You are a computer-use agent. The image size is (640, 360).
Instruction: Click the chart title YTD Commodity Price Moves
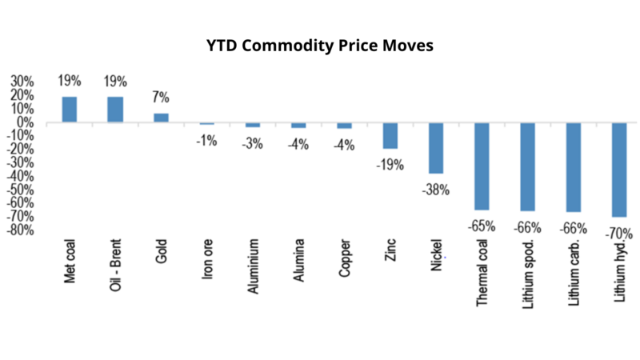pyautogui.click(x=320, y=46)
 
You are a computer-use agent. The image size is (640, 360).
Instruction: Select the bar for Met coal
pyautogui.click(x=70, y=110)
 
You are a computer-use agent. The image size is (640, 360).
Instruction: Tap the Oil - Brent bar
pyautogui.click(x=115, y=110)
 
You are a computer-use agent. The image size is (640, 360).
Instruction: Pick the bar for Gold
pyautogui.click(x=161, y=118)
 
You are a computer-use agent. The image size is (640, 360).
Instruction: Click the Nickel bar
pyautogui.click(x=436, y=148)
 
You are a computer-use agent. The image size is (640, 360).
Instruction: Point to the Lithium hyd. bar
pyautogui.click(x=619, y=170)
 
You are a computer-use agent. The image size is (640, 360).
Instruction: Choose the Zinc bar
pyautogui.click(x=390, y=135)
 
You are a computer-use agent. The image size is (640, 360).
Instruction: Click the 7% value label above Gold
pyautogui.click(x=161, y=98)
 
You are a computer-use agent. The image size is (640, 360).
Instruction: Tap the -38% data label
pyautogui.click(x=437, y=190)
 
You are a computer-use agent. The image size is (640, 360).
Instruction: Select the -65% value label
pyautogui.click(x=482, y=226)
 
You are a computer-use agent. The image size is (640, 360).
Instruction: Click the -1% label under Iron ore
pyautogui.click(x=207, y=140)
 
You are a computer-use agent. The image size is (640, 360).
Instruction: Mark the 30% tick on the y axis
pyautogui.click(x=22, y=82)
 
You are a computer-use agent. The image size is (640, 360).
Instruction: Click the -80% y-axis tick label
pyautogui.click(x=20, y=230)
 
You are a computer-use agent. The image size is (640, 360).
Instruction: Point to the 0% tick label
pyautogui.click(x=25, y=122)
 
